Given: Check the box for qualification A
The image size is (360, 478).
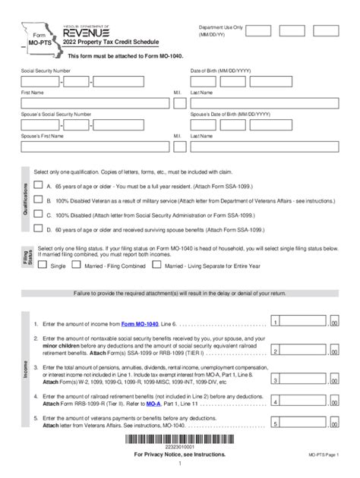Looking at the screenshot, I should pos(37,184).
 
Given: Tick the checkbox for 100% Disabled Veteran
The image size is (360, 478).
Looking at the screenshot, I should pos(37,201).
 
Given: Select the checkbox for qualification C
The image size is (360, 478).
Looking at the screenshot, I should pos(37,214).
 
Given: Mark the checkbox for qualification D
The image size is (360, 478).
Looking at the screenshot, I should pos(37,228).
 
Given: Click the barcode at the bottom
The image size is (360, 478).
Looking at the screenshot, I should pos(179,444).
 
